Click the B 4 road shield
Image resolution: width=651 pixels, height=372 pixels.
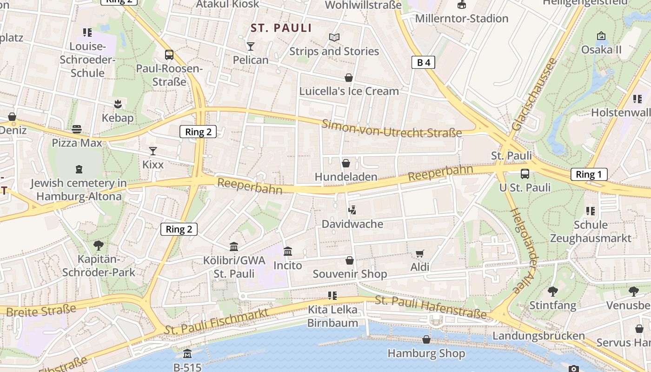(x=423, y=62)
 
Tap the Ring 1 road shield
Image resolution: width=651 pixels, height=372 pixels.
(x=589, y=174)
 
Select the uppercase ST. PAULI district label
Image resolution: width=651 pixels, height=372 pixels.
(x=281, y=28)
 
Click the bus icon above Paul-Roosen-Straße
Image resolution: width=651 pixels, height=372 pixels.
(x=169, y=55)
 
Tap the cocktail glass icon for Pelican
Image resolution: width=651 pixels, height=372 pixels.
(x=251, y=46)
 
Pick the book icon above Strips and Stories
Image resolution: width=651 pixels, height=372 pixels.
(x=334, y=37)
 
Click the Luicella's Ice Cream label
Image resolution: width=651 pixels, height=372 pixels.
(x=349, y=91)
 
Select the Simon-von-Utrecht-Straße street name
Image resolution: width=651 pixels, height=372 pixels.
(x=392, y=129)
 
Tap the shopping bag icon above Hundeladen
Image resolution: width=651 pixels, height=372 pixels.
(x=346, y=163)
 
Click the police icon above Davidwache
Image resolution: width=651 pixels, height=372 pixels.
(x=352, y=210)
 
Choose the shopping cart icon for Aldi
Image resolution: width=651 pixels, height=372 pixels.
(x=419, y=253)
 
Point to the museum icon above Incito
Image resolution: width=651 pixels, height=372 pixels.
(x=288, y=252)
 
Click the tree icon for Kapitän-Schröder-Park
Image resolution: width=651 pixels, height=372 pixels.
(x=98, y=245)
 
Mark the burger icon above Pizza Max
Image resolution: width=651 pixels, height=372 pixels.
(x=77, y=129)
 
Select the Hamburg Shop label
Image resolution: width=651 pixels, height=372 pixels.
(x=426, y=353)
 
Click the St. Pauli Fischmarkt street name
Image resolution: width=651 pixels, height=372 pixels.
(x=217, y=320)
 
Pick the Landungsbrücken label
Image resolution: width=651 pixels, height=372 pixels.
(x=538, y=335)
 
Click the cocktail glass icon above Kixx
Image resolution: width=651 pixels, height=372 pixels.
(x=153, y=151)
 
